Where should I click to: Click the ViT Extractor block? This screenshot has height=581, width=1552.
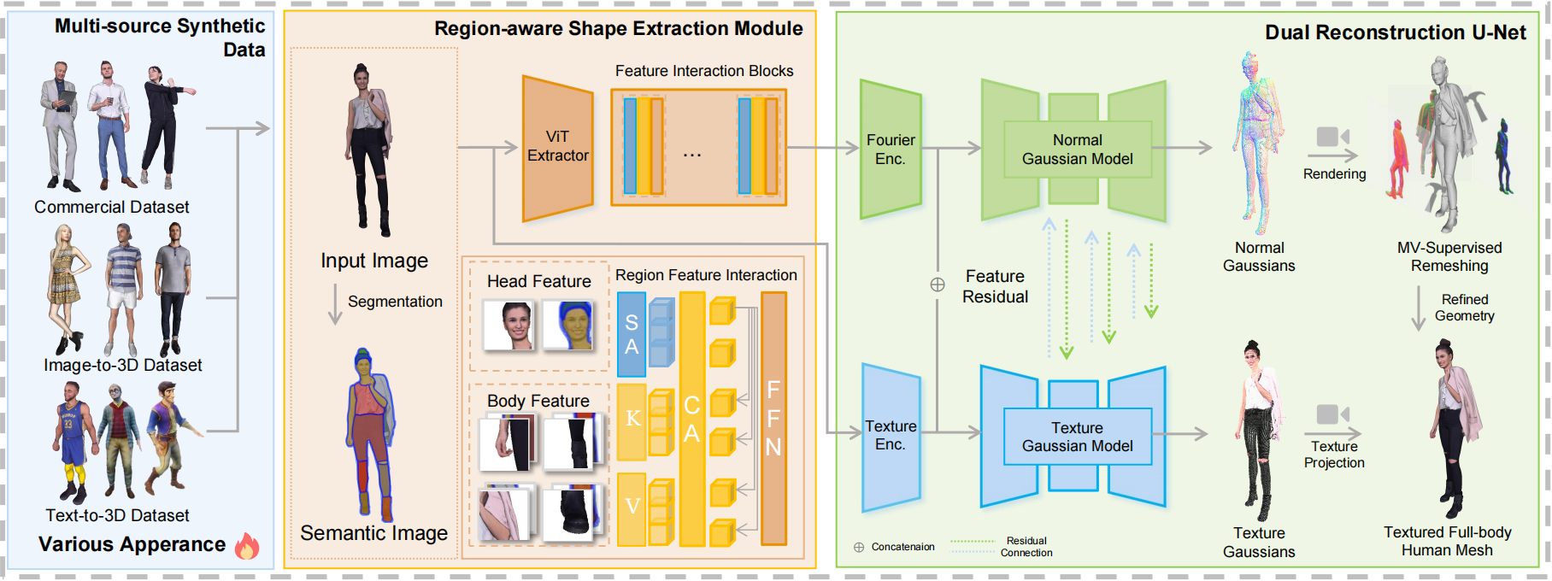557,147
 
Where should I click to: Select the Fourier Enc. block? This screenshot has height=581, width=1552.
891,150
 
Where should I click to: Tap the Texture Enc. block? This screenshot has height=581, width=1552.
891,436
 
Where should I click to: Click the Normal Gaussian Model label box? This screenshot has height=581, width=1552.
1077,150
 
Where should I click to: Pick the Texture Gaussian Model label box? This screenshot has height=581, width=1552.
1077,437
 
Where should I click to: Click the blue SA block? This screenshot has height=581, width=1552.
632,334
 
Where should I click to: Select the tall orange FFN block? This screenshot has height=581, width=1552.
773,418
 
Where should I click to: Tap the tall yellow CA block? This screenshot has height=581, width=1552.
691,418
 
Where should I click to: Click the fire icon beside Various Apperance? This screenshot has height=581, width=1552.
247,545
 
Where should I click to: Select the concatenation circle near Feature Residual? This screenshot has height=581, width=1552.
938,285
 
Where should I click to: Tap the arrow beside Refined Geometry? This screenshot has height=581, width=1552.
1418,308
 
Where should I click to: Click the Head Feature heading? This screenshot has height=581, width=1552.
538,281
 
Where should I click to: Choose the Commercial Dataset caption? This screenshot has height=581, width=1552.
112,207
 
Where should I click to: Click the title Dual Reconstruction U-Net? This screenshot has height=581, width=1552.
1395,32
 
